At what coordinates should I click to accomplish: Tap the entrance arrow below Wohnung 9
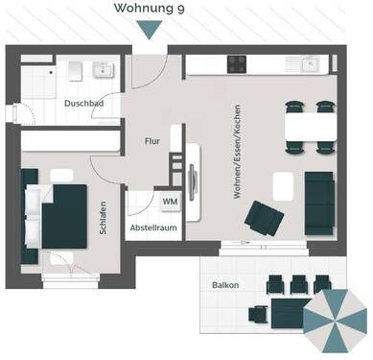[x=149, y=30]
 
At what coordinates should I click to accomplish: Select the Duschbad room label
[x=84, y=103]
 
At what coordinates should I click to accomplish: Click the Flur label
[x=152, y=140]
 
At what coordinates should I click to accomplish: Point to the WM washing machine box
[x=170, y=201]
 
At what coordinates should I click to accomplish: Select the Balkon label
[x=225, y=285]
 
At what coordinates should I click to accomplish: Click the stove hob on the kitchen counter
[x=238, y=64]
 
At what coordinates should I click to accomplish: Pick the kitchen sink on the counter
[x=309, y=64]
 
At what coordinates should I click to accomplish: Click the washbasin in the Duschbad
[x=102, y=70]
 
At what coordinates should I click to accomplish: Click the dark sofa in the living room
[x=320, y=202]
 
